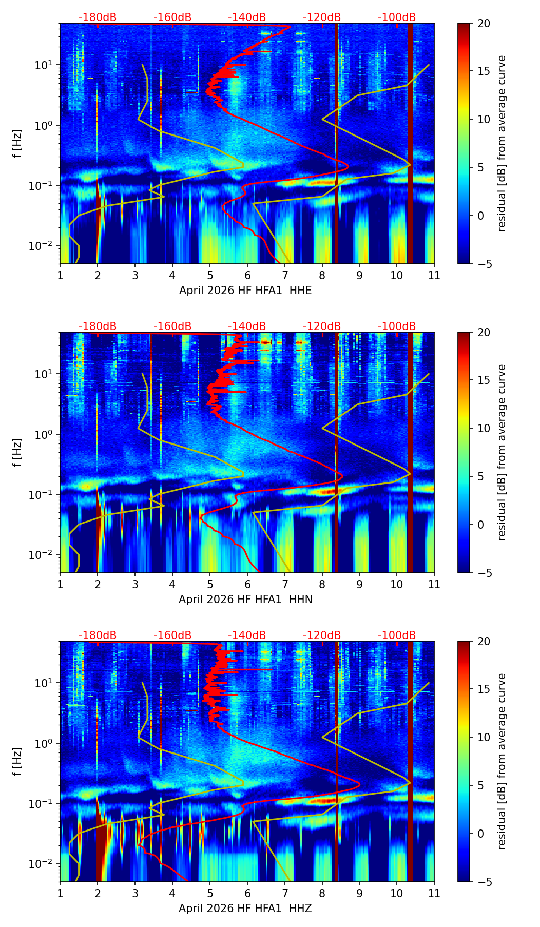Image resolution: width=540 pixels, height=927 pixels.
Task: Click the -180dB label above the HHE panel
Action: tap(98, 17)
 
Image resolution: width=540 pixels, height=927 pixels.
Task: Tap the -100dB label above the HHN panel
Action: tap(397, 326)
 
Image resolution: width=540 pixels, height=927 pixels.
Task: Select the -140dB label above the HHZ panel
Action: tap(247, 635)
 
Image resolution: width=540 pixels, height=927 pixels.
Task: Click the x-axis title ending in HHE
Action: tap(245, 291)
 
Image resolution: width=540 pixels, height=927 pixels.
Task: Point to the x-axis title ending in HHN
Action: tap(245, 600)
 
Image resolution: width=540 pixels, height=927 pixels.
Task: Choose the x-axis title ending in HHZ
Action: tap(245, 909)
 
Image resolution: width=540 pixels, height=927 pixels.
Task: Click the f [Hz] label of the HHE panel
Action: tap(17, 143)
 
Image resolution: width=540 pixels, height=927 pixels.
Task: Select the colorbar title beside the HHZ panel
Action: tap(502, 761)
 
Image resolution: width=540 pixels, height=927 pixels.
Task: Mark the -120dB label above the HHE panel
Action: tap(322, 17)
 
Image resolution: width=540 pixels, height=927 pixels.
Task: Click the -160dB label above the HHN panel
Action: tap(172, 326)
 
